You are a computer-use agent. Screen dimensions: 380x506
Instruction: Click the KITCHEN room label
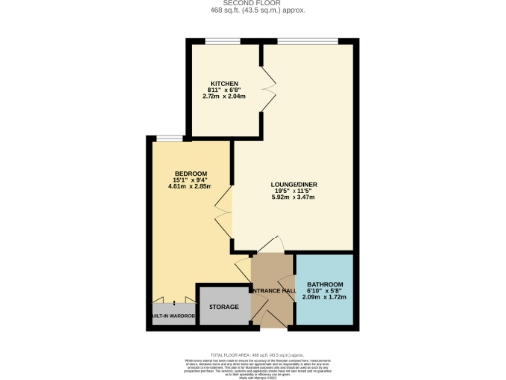[222, 83]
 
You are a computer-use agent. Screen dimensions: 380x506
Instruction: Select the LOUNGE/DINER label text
[293, 184]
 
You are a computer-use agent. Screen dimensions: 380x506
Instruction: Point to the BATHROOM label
[325, 284]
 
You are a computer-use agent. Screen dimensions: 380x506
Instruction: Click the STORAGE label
[223, 307]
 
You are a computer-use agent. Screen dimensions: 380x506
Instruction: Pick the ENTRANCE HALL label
[273, 290]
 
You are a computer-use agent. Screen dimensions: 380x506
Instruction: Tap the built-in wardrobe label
[172, 316]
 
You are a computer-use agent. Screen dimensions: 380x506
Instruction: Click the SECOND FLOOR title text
[253, 5]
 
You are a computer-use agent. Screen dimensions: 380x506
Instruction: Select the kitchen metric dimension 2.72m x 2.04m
[222, 98]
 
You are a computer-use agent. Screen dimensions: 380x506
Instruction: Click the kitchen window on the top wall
[222, 42]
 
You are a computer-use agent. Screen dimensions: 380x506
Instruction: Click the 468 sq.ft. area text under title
[253, 12]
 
